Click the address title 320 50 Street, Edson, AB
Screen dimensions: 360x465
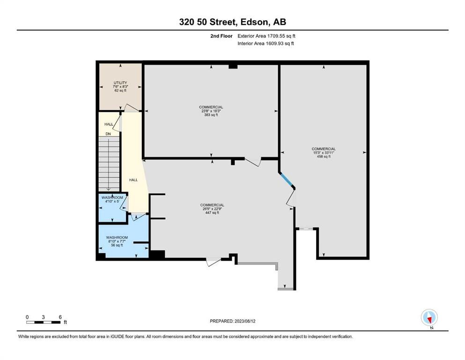(x=232, y=22)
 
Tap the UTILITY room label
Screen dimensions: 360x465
(x=120, y=83)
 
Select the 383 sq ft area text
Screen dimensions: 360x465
(x=211, y=115)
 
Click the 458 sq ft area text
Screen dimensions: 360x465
(x=324, y=157)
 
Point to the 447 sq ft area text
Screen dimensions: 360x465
(x=212, y=212)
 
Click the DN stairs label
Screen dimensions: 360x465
(x=108, y=134)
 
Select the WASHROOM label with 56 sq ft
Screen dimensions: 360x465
(x=117, y=238)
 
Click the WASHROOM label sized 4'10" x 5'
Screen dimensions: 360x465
(x=112, y=198)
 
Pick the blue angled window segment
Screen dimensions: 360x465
(x=286, y=180)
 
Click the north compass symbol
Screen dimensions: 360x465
(x=429, y=317)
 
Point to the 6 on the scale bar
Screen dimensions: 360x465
(x=60, y=317)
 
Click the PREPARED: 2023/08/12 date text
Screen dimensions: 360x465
(x=232, y=321)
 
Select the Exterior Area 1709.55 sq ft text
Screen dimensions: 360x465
(x=266, y=36)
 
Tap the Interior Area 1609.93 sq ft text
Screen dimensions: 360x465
(x=266, y=43)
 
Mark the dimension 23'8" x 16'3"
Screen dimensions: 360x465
(x=211, y=111)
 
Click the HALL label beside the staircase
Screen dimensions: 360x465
(x=133, y=180)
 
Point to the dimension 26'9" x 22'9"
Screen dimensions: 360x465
(x=212, y=209)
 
